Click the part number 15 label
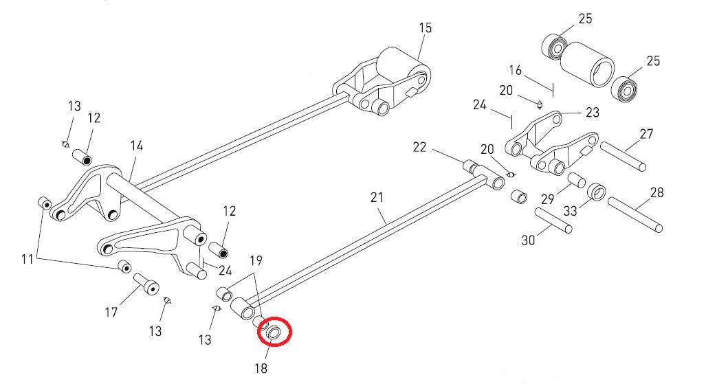tap(425, 28)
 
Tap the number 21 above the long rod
tap(377, 198)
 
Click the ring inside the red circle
tap(274, 332)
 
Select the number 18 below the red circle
tap(261, 368)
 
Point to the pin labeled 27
tap(624, 157)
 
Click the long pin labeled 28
tap(635, 214)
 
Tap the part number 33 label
tap(570, 211)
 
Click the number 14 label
tap(136, 146)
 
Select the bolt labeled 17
tap(146, 284)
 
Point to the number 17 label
tap(111, 313)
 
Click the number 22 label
tap(419, 147)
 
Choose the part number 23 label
tap(592, 113)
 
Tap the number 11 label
tap(27, 260)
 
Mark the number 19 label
tap(256, 260)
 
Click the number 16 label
tap(516, 70)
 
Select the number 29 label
tap(547, 199)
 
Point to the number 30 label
tap(528, 240)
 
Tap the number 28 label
tap(657, 193)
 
